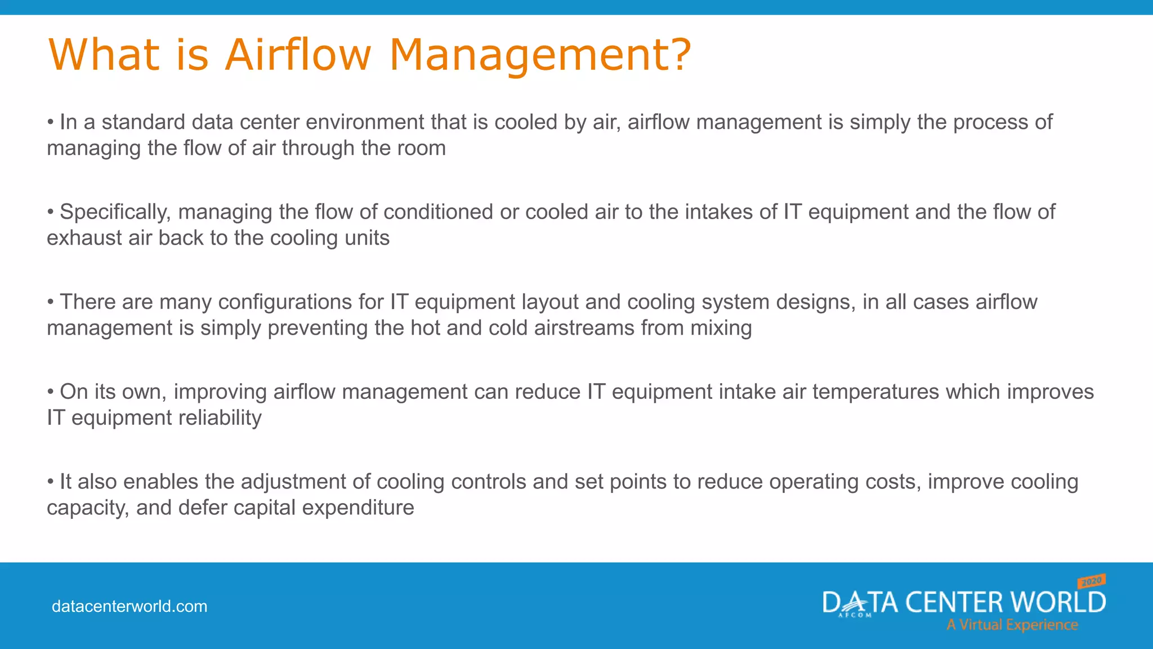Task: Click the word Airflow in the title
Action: click(x=298, y=55)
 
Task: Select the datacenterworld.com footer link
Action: click(x=129, y=606)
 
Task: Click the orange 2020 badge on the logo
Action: click(x=1092, y=581)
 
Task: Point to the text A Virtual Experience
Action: click(x=1012, y=625)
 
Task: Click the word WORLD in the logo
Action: click(x=1058, y=602)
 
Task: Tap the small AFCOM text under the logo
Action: click(x=855, y=616)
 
